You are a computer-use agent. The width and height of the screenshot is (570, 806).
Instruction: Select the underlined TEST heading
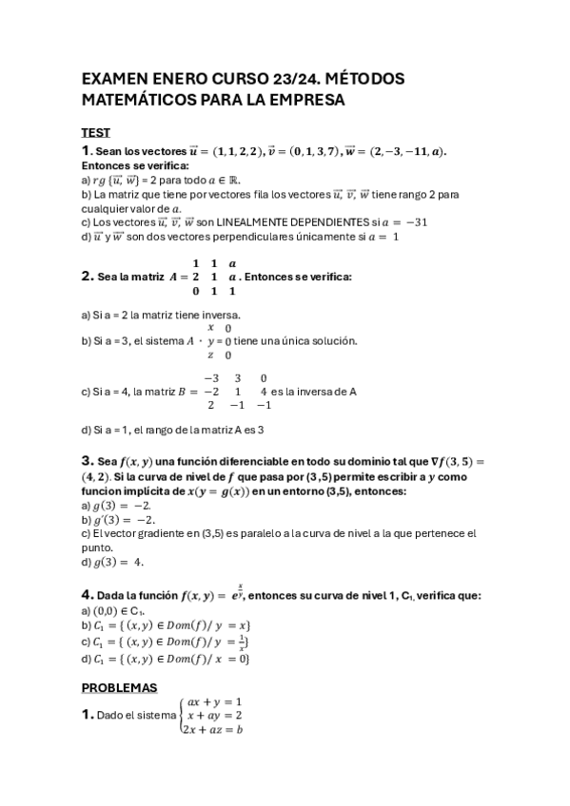pyautogui.click(x=95, y=132)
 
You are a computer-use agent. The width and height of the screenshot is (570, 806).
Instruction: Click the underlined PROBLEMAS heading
pyautogui.click(x=119, y=687)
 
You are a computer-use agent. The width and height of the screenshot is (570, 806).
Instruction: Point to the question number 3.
pyautogui.click(x=86, y=461)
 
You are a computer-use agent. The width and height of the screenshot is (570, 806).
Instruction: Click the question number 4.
pyautogui.click(x=86, y=594)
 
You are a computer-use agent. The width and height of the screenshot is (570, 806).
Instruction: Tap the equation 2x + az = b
pyautogui.click(x=216, y=729)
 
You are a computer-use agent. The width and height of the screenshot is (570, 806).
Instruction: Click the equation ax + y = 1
pyautogui.click(x=215, y=701)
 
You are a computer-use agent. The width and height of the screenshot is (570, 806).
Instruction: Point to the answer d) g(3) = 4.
pyautogui.click(x=112, y=562)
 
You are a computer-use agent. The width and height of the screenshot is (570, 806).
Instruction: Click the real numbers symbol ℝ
pyautogui.click(x=232, y=179)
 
